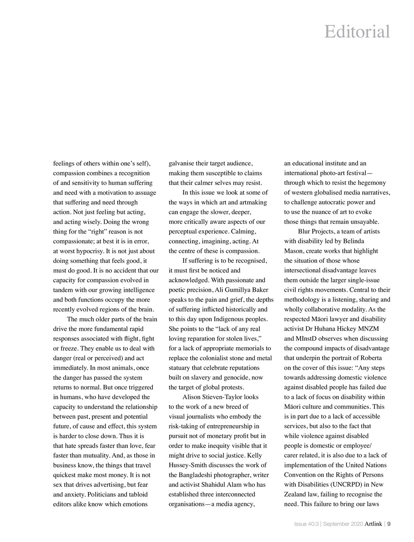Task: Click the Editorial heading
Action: click(x=357, y=32)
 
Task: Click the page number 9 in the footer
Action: click(x=389, y=524)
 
